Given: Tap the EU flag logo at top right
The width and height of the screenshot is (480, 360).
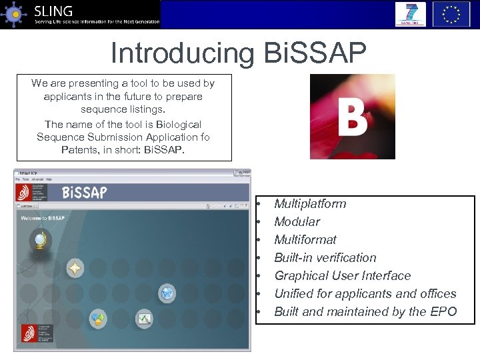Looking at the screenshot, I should tap(451, 14).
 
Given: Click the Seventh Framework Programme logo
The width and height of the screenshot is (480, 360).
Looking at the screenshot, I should tap(410, 14).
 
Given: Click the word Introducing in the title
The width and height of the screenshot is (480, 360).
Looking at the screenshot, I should tap(181, 53).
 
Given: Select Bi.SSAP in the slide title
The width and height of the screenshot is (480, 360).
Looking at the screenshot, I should tap(314, 53).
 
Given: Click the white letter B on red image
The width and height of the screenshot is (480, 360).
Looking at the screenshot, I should tap(352, 117).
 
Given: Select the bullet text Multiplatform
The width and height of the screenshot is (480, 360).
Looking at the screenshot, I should tap(310, 204).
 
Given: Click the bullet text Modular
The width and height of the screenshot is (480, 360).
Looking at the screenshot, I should tap(297, 222).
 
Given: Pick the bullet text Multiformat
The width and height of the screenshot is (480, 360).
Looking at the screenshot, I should tap(305, 240).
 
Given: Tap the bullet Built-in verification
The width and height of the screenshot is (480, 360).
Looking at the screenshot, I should tap(325, 258).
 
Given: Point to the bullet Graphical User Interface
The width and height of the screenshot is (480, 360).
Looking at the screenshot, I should tap(342, 276).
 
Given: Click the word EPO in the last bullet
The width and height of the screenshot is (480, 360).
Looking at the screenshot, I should tap(443, 312).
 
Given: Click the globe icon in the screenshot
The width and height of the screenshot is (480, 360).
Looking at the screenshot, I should tap(40, 239).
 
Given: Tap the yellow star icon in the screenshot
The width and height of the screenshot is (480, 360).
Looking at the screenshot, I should tap(75, 269).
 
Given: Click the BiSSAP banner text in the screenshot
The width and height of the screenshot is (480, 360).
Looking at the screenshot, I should tap(84, 193).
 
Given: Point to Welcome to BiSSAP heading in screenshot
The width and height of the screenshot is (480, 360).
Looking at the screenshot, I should tap(43, 218).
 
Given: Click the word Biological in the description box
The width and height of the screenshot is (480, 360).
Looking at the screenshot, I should tap(171, 125).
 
